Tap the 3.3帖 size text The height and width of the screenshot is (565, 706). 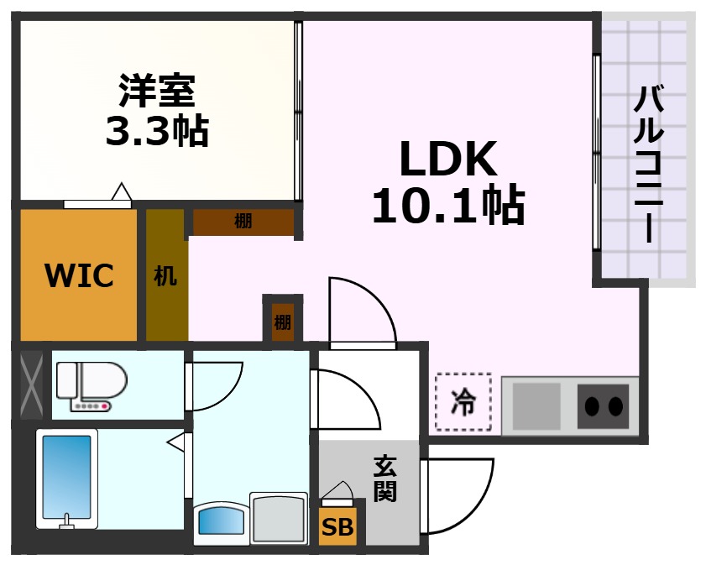[156, 130]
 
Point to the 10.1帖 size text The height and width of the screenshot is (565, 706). [447, 205]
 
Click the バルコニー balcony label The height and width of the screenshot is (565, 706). [646, 164]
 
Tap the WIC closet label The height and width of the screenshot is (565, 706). [79, 275]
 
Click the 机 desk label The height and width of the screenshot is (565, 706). [165, 275]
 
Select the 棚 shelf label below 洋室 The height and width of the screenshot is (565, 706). [243, 222]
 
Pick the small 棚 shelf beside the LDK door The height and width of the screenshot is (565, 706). [282, 321]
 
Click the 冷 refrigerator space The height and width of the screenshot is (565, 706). [463, 403]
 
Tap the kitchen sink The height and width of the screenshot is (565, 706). [536, 405]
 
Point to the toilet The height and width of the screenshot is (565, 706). [91, 387]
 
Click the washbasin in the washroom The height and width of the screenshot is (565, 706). [223, 521]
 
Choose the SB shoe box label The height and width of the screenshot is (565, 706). [338, 527]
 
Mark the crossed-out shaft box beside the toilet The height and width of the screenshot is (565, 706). [31, 385]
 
